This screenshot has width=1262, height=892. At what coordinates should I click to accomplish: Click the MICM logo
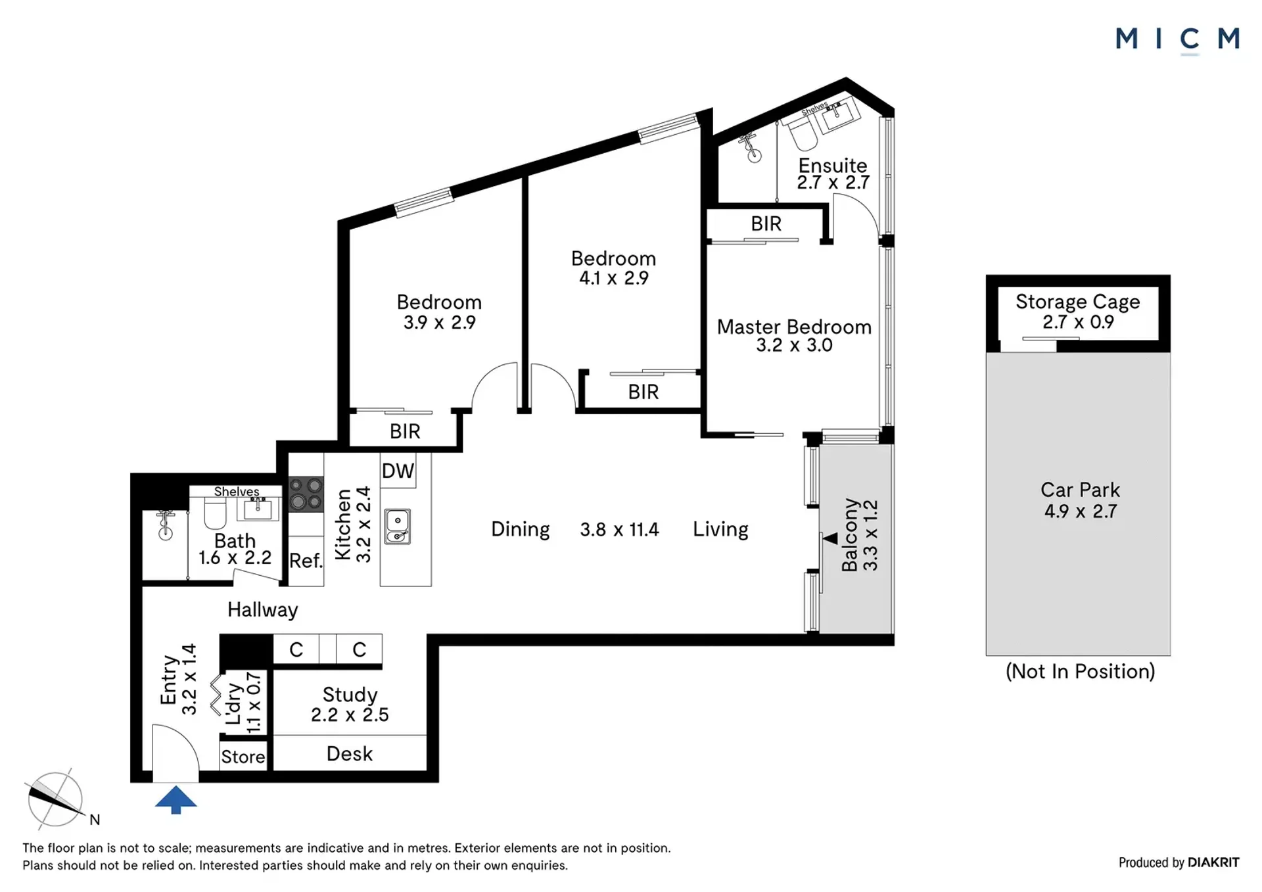pos(1177,39)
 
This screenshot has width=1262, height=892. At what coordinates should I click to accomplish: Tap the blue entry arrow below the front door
pos(175,799)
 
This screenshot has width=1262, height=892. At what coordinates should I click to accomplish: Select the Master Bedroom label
pos(794,327)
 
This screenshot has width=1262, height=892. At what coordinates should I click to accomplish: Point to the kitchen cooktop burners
pos(306,494)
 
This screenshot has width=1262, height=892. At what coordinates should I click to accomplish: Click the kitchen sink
pos(398,527)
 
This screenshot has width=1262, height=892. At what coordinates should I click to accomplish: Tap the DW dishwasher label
pos(398,471)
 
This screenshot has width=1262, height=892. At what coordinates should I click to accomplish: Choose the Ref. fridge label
pos(306,561)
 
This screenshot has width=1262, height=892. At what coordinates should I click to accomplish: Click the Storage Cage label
pos(1078,302)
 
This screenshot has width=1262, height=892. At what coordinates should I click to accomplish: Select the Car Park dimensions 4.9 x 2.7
pos(1081,511)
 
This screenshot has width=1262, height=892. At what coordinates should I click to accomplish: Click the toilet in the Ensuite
pos(803,135)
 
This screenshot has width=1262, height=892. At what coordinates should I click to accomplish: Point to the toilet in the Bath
pos(216,513)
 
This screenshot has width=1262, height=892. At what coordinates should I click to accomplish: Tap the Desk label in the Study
pos(350,754)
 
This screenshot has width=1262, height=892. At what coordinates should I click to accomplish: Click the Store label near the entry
pos(243,757)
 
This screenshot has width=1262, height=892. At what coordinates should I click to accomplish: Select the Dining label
pos(521,530)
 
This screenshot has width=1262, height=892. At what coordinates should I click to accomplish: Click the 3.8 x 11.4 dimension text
pos(619,530)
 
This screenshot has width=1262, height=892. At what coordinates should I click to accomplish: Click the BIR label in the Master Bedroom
pos(766,223)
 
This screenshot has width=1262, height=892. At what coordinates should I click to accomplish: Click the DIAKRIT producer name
pos(1213,862)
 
